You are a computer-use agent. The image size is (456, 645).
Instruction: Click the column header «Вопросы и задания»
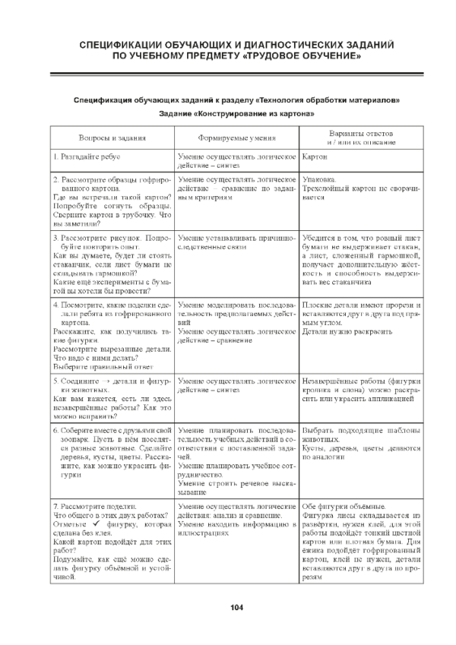tap(112, 138)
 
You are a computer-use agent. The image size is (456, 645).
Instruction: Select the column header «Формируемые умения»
tap(238, 138)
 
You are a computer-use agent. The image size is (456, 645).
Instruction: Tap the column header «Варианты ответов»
tap(361, 133)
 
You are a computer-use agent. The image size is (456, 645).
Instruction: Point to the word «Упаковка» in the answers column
tap(318, 179)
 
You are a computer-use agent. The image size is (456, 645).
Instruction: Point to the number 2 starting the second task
tap(55, 179)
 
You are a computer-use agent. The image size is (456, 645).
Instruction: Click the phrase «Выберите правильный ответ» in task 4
tap(97, 363)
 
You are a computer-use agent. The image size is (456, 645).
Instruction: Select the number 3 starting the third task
tap(55, 238)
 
